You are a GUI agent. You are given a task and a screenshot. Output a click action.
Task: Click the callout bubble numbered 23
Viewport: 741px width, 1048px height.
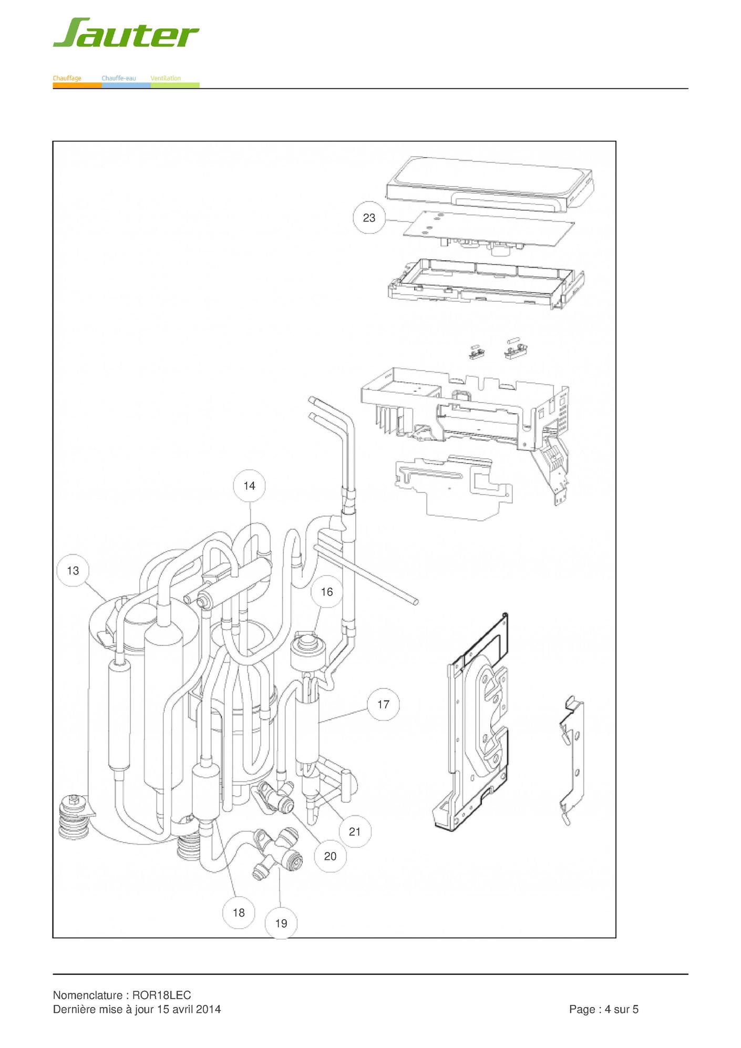[x=369, y=218]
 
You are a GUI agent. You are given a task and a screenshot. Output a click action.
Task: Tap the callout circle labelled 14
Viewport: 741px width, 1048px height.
[x=249, y=486]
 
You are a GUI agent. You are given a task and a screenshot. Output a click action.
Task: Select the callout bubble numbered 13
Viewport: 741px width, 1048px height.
[x=73, y=570]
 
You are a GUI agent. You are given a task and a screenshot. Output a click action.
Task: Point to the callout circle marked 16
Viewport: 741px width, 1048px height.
[x=326, y=592]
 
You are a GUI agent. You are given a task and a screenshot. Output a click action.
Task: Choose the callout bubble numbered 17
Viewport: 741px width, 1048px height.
[x=383, y=704]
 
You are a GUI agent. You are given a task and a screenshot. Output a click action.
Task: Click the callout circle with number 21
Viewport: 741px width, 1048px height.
[x=355, y=831]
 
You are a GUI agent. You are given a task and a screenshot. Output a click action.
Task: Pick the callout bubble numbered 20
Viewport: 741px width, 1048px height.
[x=330, y=856]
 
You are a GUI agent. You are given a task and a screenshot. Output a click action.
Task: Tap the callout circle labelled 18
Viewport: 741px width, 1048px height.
[x=239, y=912]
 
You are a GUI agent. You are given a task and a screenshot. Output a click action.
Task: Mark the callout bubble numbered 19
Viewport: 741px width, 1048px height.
[x=281, y=923]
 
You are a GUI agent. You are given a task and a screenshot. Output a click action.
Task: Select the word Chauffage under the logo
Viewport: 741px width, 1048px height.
[x=67, y=78]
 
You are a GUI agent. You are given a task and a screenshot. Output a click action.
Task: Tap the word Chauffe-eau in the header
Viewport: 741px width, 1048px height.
[x=119, y=78]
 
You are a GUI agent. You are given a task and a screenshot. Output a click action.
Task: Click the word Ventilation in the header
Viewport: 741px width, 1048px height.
[x=166, y=78]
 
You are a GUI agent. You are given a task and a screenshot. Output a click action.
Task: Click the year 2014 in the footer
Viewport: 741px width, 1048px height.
[x=208, y=1009]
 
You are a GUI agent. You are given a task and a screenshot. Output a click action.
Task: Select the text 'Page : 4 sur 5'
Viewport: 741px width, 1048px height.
[x=603, y=1009]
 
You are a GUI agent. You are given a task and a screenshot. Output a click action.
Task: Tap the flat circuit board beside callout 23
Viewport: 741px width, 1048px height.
[x=489, y=229]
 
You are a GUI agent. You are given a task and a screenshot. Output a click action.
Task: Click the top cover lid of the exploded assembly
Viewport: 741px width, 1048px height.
[x=489, y=184]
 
